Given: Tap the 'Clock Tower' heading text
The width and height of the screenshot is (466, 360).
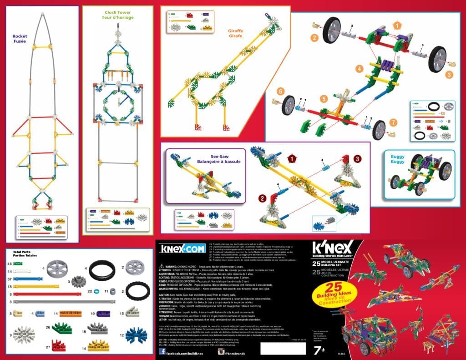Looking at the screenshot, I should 117,14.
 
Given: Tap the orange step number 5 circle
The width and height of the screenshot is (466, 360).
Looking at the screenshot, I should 324,98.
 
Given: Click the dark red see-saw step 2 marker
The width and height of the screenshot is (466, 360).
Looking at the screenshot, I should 263,198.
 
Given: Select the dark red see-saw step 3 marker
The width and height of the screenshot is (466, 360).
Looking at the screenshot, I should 358,158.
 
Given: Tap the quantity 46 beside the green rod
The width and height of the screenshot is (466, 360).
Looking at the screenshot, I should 9,264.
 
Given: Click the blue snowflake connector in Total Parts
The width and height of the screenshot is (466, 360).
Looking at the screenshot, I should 136,335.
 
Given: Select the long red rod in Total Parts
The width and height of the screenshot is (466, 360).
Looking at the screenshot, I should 34,294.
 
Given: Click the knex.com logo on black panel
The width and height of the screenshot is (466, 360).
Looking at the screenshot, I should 182,248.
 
